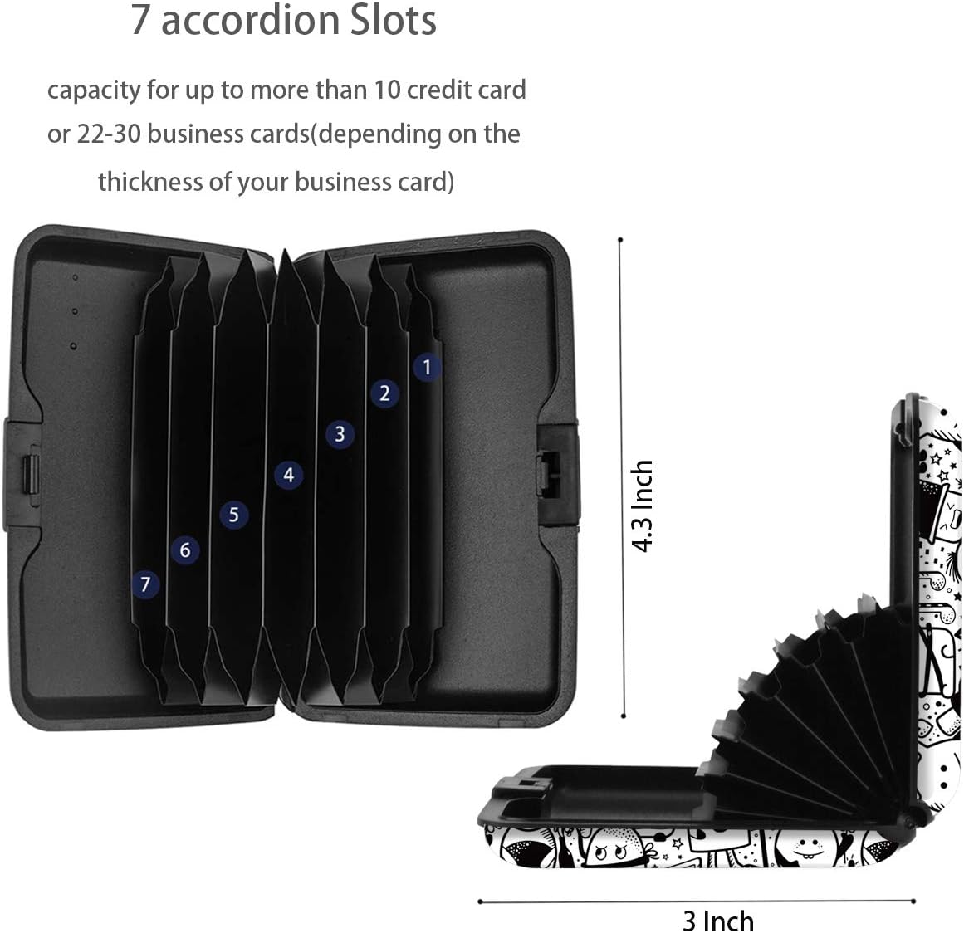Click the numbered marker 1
427,367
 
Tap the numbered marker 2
385,393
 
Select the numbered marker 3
340,434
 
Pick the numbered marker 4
289,475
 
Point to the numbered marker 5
233,514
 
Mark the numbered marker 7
145,584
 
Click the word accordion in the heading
251,20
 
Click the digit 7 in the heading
140,20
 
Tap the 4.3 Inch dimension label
643,506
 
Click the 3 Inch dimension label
718,921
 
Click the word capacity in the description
94,91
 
